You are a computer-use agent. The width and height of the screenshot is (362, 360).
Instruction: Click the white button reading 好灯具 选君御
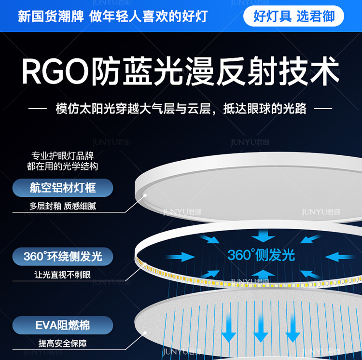[x=294, y=16]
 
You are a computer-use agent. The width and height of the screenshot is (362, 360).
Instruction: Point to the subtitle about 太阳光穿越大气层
[x=181, y=108]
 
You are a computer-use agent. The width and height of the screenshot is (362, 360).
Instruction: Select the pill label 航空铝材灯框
[x=63, y=188]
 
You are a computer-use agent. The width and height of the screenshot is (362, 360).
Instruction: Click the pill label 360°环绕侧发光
[x=63, y=256]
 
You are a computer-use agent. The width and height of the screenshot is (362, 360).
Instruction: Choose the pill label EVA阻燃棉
[x=63, y=325]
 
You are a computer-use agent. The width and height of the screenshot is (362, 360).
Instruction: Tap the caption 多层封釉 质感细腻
[x=63, y=206]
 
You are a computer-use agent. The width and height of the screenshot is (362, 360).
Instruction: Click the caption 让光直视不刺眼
[x=63, y=275]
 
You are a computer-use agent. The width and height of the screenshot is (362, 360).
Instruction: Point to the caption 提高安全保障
[x=63, y=344]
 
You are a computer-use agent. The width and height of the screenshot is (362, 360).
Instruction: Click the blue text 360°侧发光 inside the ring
[x=261, y=255]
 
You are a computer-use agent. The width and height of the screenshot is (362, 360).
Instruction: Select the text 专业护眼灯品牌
[x=62, y=156]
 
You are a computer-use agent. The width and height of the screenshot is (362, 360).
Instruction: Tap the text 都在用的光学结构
[x=62, y=166]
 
